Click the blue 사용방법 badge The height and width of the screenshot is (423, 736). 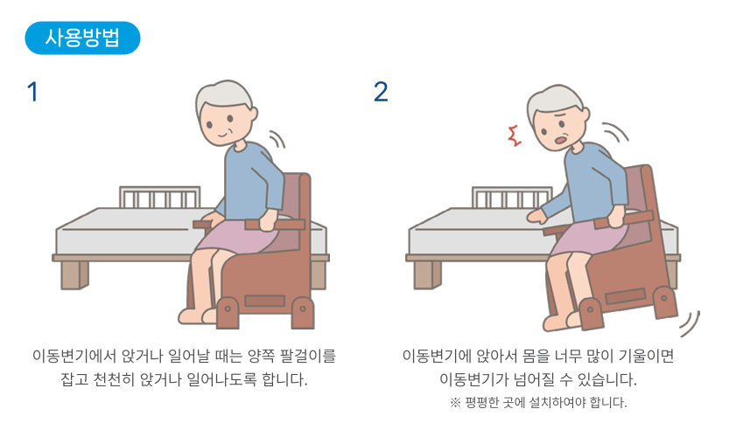coord(82,38)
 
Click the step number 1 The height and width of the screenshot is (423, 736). coord(32,92)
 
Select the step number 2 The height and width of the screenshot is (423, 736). coord(381,92)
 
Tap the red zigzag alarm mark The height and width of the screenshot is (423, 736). coord(515,136)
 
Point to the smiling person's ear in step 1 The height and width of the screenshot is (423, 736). coord(253,114)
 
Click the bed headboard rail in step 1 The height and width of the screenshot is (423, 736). coord(159,197)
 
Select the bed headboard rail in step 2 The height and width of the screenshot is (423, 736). coord(512,198)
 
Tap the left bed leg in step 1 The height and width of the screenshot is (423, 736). coord(74,274)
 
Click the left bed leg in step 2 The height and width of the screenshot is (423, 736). coord(427,274)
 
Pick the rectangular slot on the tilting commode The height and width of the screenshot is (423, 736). coord(625,296)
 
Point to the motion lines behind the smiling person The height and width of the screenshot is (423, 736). coord(277,139)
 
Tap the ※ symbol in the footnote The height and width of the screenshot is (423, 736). coord(455,402)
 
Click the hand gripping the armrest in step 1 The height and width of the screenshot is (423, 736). coord(270,219)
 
